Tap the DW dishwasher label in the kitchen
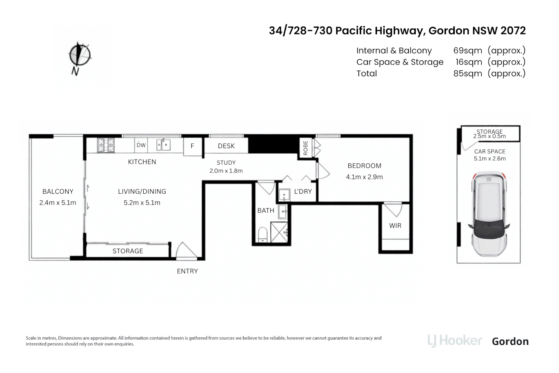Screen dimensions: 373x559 141,145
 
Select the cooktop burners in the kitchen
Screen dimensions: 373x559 106,145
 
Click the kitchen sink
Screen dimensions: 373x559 163,145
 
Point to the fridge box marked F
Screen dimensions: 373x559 192,146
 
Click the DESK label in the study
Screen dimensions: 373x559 226,146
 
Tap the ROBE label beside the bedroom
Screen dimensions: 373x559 305,147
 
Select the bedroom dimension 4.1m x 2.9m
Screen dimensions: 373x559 364,177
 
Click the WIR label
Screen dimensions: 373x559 395,226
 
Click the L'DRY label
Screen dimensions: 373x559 303,191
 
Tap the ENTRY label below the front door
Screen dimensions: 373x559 187,271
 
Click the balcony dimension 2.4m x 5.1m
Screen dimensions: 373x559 58,203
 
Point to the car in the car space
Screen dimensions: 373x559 489,214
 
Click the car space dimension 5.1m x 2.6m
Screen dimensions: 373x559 490,159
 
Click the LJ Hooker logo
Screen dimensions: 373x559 454,341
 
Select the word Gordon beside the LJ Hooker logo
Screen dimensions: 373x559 510,341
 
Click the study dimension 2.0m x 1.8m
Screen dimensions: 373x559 226,171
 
